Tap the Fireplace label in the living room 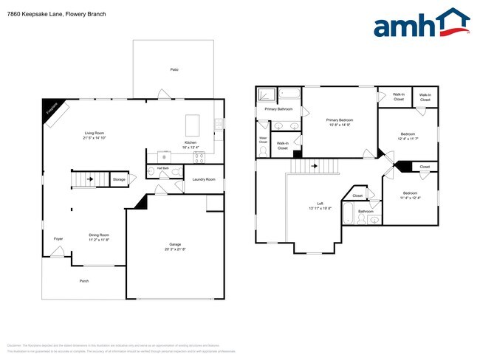pyautogui.click(x=52, y=108)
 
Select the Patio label pyautogui.click(x=174, y=70)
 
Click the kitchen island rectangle pyautogui.click(x=193, y=122)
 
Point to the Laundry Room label pyautogui.click(x=204, y=179)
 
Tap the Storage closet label pyautogui.click(x=119, y=179)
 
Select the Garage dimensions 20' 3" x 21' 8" pyautogui.click(x=174, y=249)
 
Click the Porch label pyautogui.click(x=83, y=281)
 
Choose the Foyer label pyautogui.click(x=58, y=239)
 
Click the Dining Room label pyautogui.click(x=99, y=235)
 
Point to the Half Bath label pyautogui.click(x=163, y=169)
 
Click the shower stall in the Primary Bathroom pyautogui.click(x=266, y=95)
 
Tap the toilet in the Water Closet pyautogui.click(x=264, y=151)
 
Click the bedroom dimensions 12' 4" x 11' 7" pyautogui.click(x=408, y=138)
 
